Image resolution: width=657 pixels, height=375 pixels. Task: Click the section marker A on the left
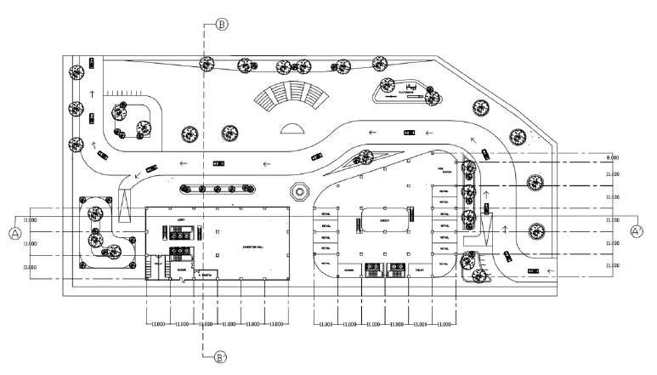15,230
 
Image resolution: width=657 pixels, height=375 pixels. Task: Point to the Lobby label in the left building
181,219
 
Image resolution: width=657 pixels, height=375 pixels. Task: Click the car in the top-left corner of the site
88,62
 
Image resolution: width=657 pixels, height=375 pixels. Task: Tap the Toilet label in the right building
419,270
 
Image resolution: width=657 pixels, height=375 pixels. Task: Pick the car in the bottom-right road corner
534,270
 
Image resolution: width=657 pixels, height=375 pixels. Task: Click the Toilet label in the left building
158,264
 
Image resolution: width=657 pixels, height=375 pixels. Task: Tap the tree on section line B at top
206,62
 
